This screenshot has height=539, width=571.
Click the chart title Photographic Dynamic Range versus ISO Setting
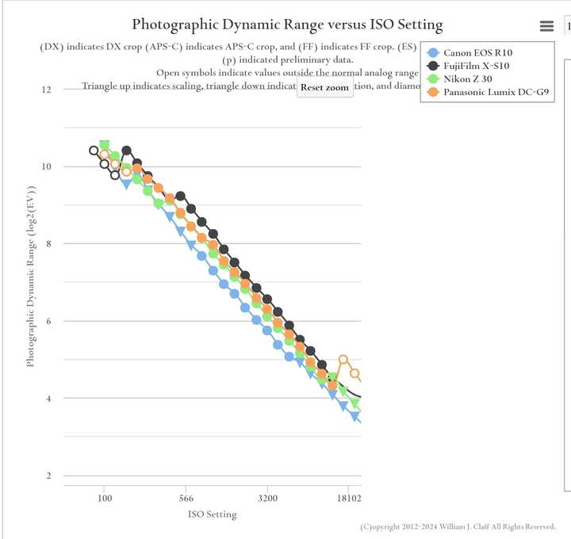pyautogui.click(x=287, y=25)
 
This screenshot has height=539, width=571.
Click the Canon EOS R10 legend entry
pyautogui.click(x=477, y=52)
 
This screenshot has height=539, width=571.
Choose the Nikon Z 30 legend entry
pyautogui.click(x=469, y=79)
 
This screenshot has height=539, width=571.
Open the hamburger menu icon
pyautogui.click(x=546, y=26)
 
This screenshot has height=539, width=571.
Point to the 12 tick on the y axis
pyautogui.click(x=46, y=90)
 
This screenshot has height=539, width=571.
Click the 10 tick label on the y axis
pyautogui.click(x=46, y=166)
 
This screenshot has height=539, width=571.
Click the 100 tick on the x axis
pyautogui.click(x=104, y=499)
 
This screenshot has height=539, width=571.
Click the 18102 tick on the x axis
pyautogui.click(x=347, y=499)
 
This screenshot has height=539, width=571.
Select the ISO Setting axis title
pyautogui.click(x=212, y=514)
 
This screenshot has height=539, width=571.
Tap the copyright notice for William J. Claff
pyautogui.click(x=458, y=526)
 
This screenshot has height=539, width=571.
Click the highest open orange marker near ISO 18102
pyautogui.click(x=343, y=360)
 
